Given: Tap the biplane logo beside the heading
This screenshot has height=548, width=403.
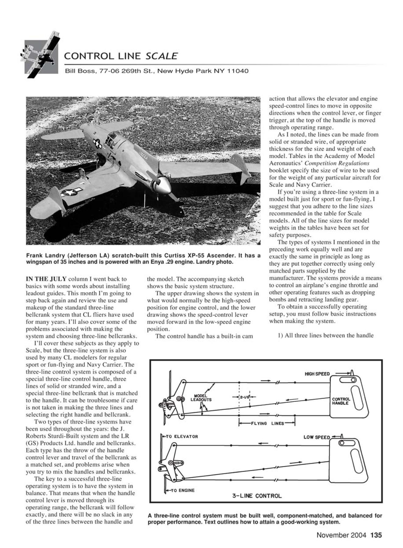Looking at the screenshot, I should pos(40,55).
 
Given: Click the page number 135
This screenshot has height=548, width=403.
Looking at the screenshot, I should pos(376,535).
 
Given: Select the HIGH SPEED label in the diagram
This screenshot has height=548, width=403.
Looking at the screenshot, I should pos(317,374).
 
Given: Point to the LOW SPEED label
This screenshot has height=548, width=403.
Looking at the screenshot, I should pos(317,437).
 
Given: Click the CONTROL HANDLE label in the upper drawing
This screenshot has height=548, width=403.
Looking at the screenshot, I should pos(341,401).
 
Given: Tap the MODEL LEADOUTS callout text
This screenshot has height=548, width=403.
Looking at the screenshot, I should pos(201,398).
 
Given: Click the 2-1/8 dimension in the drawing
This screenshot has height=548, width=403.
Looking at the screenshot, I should pos(244,397).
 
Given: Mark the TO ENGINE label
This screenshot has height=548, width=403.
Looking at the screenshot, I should pos(180,490).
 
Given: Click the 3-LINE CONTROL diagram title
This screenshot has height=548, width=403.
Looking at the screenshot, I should pos(257,496).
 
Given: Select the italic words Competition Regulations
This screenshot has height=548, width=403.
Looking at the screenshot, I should pos(337,163).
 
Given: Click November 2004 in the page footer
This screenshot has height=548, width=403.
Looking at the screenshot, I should pos(341,535).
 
